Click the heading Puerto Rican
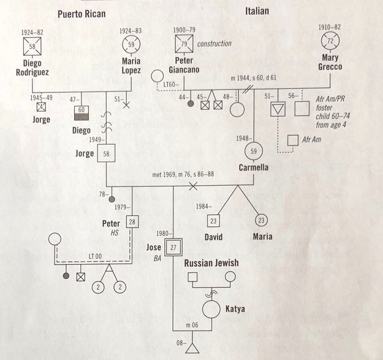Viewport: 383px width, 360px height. click(x=82, y=14)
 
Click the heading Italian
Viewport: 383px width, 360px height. click(x=257, y=11)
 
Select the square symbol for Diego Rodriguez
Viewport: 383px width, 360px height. click(x=32, y=46)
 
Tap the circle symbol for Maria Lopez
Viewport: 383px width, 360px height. click(x=131, y=45)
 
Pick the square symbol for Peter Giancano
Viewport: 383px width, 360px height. click(x=184, y=44)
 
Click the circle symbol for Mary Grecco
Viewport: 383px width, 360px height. click(x=330, y=41)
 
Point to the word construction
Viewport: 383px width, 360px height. click(x=214, y=44)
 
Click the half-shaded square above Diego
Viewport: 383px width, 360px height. click(x=82, y=113)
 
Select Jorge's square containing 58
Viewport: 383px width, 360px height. click(x=106, y=153)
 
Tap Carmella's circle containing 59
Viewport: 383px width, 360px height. click(x=254, y=151)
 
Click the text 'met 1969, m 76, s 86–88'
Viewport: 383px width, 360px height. click(x=183, y=174)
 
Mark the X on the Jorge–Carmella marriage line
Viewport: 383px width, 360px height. click(x=193, y=186)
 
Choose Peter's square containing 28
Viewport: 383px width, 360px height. click(x=132, y=221)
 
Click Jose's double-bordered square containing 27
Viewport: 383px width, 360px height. click(x=173, y=247)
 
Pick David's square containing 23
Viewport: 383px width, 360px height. click(x=213, y=221)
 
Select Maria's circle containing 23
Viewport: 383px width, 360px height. click(x=261, y=220)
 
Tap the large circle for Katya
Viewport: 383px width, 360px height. click(x=211, y=309)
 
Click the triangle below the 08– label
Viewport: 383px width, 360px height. click(x=192, y=349)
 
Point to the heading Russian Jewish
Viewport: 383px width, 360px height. click(x=211, y=263)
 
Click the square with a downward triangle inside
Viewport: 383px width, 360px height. click(x=278, y=109)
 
